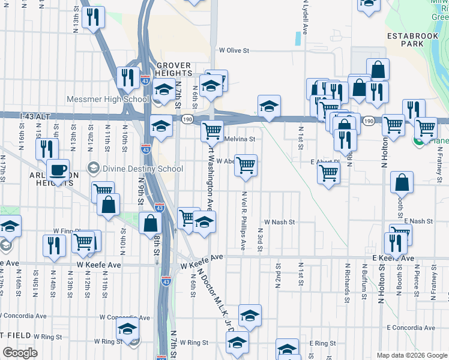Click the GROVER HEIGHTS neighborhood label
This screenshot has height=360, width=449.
coord(173,70)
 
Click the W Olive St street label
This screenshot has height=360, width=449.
coord(234,51)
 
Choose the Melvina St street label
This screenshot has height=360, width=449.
coord(240,139)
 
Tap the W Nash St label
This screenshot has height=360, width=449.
coord(280,222)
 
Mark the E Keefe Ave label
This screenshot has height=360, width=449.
coord(393,259)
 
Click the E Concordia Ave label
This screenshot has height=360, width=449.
coord(411,328)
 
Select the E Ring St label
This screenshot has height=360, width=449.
coord(322,343)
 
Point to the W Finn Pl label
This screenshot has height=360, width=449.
coord(66,230)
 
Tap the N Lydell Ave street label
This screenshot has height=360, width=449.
coord(304,18)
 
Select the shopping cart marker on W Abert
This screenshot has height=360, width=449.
coord(246,165)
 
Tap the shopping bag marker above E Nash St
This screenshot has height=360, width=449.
coord(402,183)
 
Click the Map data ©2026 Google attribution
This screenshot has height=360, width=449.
coord(412,355)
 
